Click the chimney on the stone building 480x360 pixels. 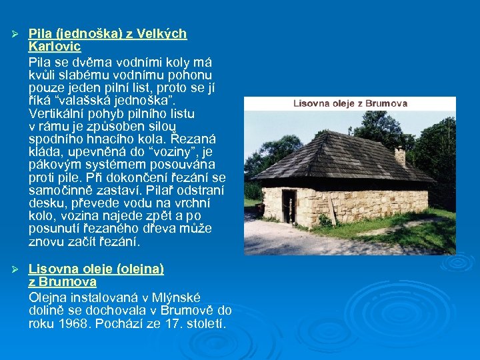pyautogui.click(x=400, y=157)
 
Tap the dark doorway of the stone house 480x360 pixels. pyautogui.click(x=289, y=205)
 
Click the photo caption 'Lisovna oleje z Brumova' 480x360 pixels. pyautogui.click(x=350, y=104)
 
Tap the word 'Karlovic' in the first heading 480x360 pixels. pyautogui.click(x=55, y=47)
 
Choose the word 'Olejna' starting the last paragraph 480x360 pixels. pyautogui.click(x=48, y=297)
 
